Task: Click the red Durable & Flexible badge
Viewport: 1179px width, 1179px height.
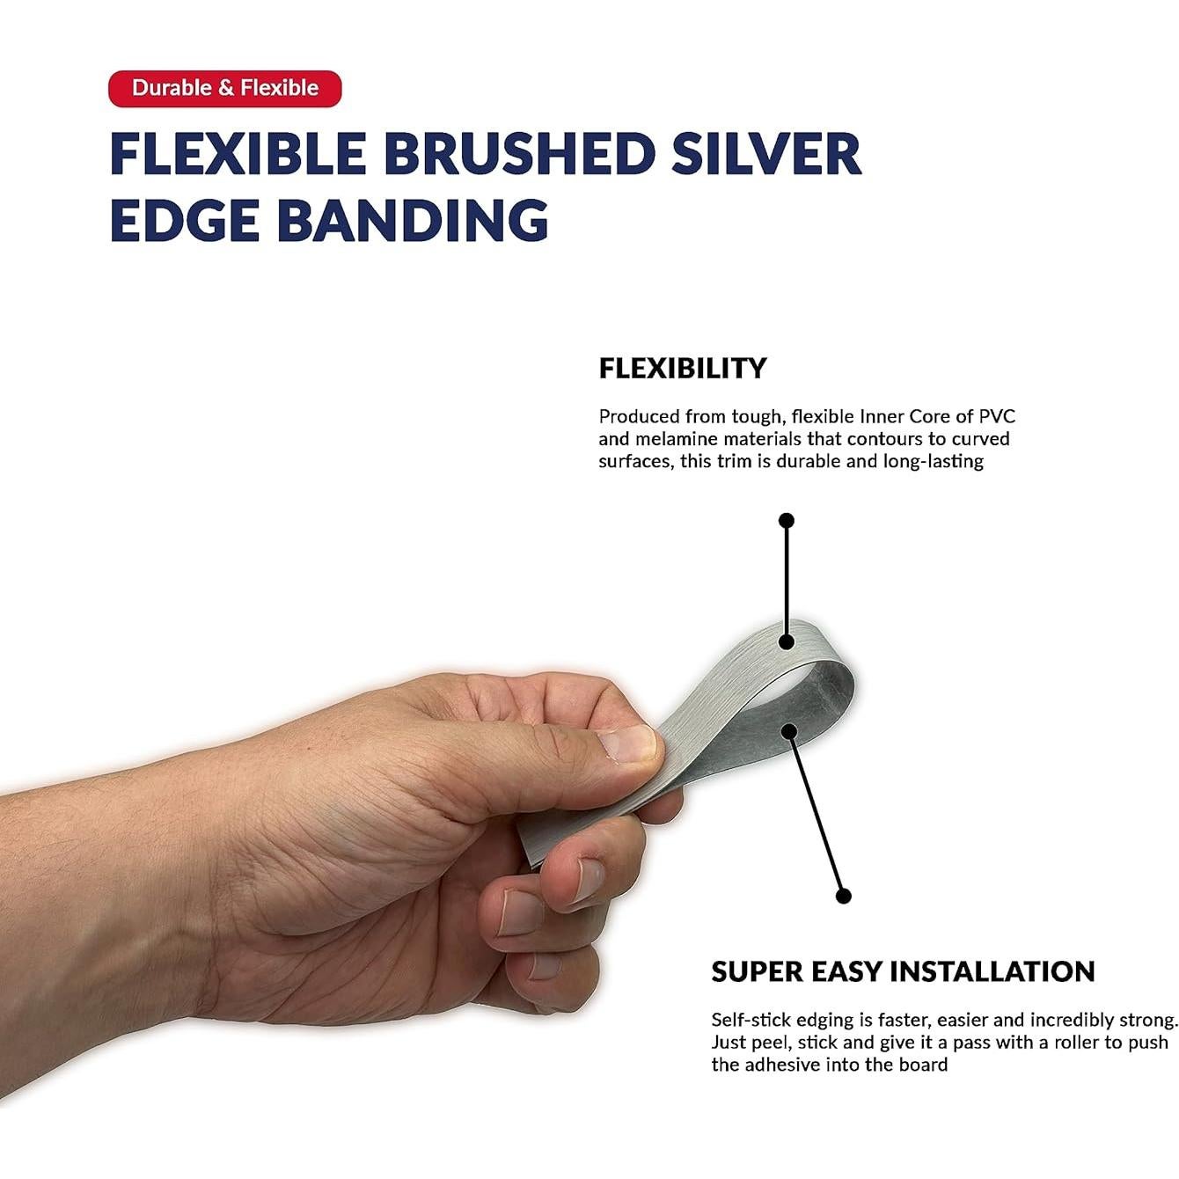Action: [x=224, y=89]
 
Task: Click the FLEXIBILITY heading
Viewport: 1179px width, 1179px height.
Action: [x=682, y=369]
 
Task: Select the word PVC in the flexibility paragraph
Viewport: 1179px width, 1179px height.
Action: [x=997, y=417]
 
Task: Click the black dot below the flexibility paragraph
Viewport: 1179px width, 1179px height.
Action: [x=787, y=521]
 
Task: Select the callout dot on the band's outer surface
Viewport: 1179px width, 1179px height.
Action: [x=787, y=641]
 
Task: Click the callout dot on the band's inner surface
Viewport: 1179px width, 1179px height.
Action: [x=789, y=731]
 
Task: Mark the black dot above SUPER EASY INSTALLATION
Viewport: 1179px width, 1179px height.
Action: [x=844, y=897]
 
